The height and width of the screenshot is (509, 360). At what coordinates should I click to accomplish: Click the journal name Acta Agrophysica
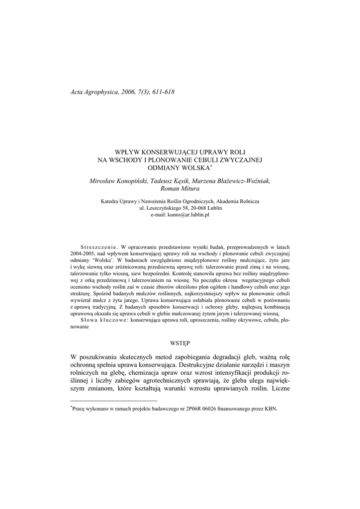point(93,92)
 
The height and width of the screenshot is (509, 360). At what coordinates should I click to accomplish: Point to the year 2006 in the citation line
point(128,92)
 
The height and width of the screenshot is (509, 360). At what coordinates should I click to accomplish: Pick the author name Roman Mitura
point(180,189)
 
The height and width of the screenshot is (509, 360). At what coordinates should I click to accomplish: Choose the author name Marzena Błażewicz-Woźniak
point(233,181)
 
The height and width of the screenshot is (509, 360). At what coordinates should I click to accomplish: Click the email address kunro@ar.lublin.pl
point(188,215)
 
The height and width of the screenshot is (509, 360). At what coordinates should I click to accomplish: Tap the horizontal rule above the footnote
point(114,401)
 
